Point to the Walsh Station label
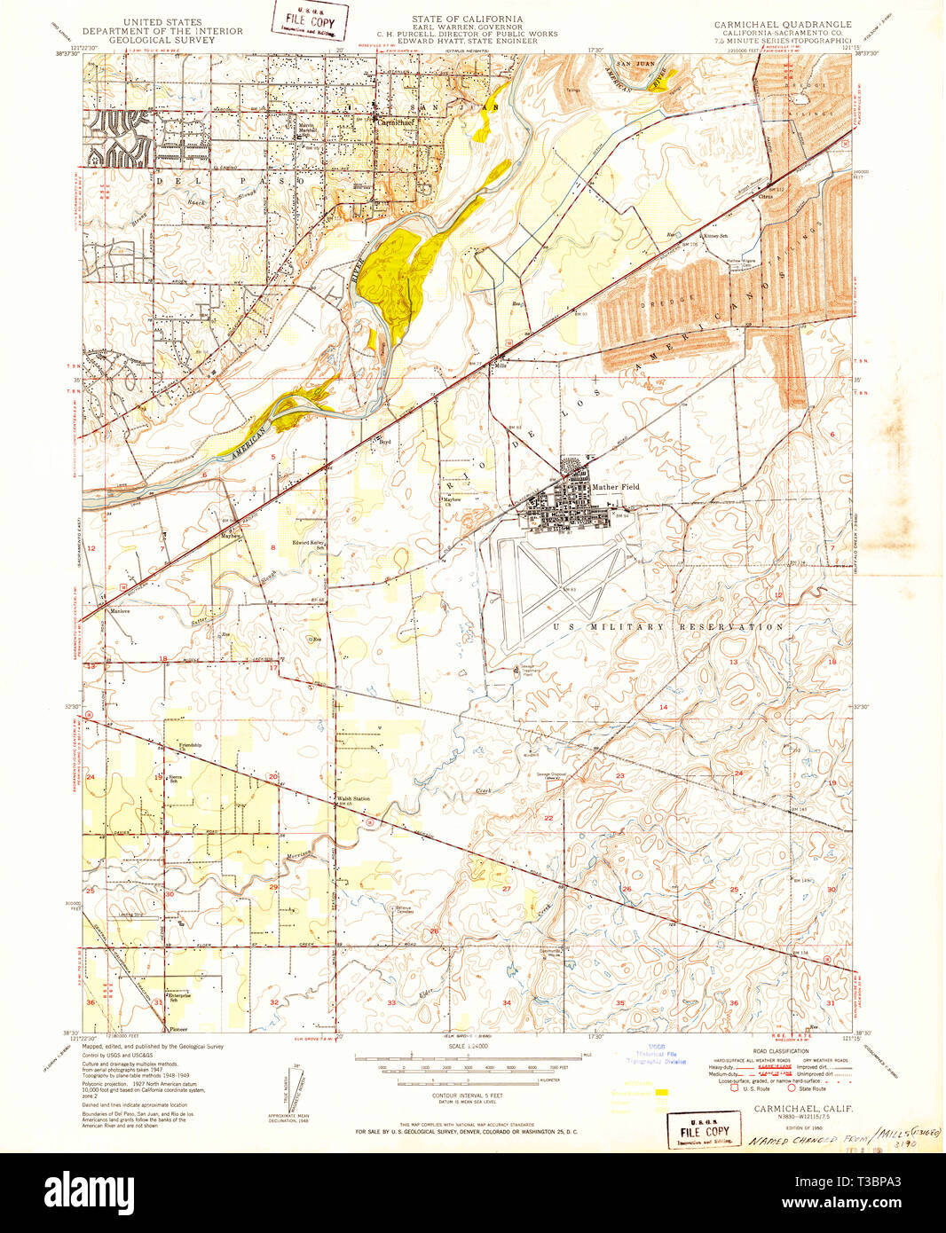[x=352, y=798]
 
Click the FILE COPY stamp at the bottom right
[x=704, y=1132]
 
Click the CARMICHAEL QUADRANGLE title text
[x=782, y=25]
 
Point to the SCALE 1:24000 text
[x=460, y=1048]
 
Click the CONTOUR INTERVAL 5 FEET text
[x=459, y=1096]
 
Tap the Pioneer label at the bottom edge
[x=178, y=1029]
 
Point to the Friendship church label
[x=190, y=745]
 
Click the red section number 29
[x=273, y=886]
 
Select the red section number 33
[x=391, y=1001]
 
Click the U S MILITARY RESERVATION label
[x=668, y=626]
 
